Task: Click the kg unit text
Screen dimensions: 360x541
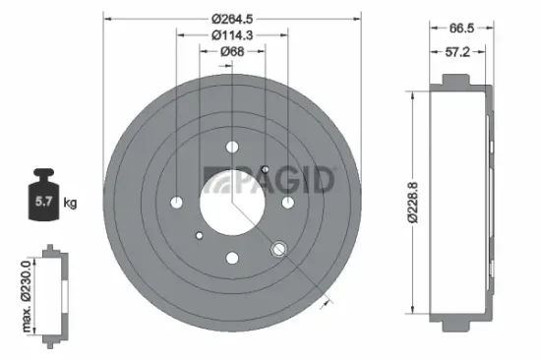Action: click(69, 204)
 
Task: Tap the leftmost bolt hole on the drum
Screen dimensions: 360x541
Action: click(177, 202)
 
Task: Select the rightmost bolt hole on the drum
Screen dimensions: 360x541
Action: click(287, 202)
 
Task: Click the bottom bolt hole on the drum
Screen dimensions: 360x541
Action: click(232, 258)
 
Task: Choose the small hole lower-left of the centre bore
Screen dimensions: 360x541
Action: click(200, 235)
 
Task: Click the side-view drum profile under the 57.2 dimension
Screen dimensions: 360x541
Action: click(457, 203)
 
